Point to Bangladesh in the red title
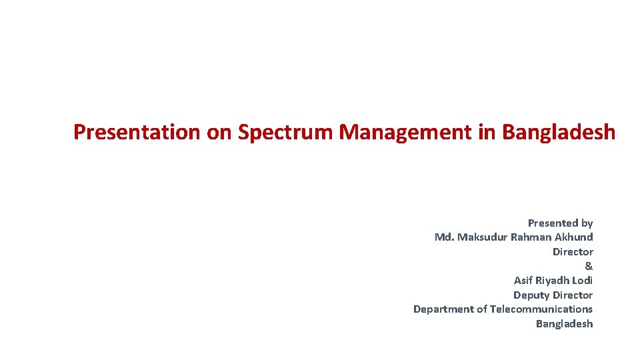click(x=559, y=132)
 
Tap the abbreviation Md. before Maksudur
click(x=445, y=237)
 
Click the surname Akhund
click(x=575, y=237)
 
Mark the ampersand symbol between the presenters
click(x=589, y=266)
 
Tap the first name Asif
click(x=523, y=281)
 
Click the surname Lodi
click(x=582, y=281)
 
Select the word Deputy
click(x=530, y=295)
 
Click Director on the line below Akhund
click(x=573, y=251)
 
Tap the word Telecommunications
click(x=541, y=309)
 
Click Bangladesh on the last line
click(x=564, y=324)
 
